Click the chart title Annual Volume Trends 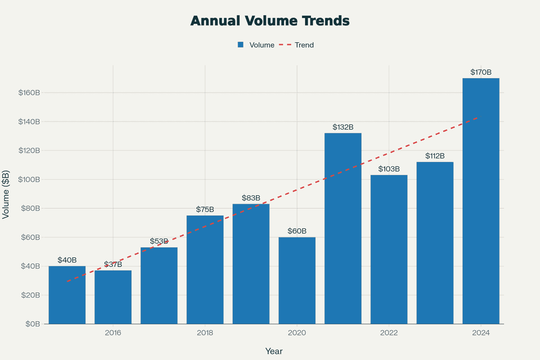(x=270, y=21)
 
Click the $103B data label (x=389, y=169)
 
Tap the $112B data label (x=435, y=156)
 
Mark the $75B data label (x=205, y=210)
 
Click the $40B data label (x=67, y=260)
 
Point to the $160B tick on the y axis (x=29, y=93)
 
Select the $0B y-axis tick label (x=32, y=324)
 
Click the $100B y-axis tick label (x=29, y=180)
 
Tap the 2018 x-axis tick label (x=205, y=333)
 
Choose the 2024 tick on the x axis (x=481, y=333)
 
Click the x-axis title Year (x=274, y=351)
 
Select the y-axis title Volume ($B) (x=6, y=194)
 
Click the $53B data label (x=159, y=242)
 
